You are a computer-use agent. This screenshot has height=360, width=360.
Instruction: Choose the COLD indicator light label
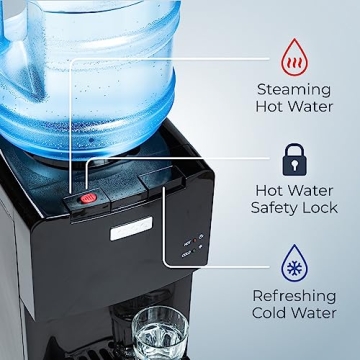(188, 254)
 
